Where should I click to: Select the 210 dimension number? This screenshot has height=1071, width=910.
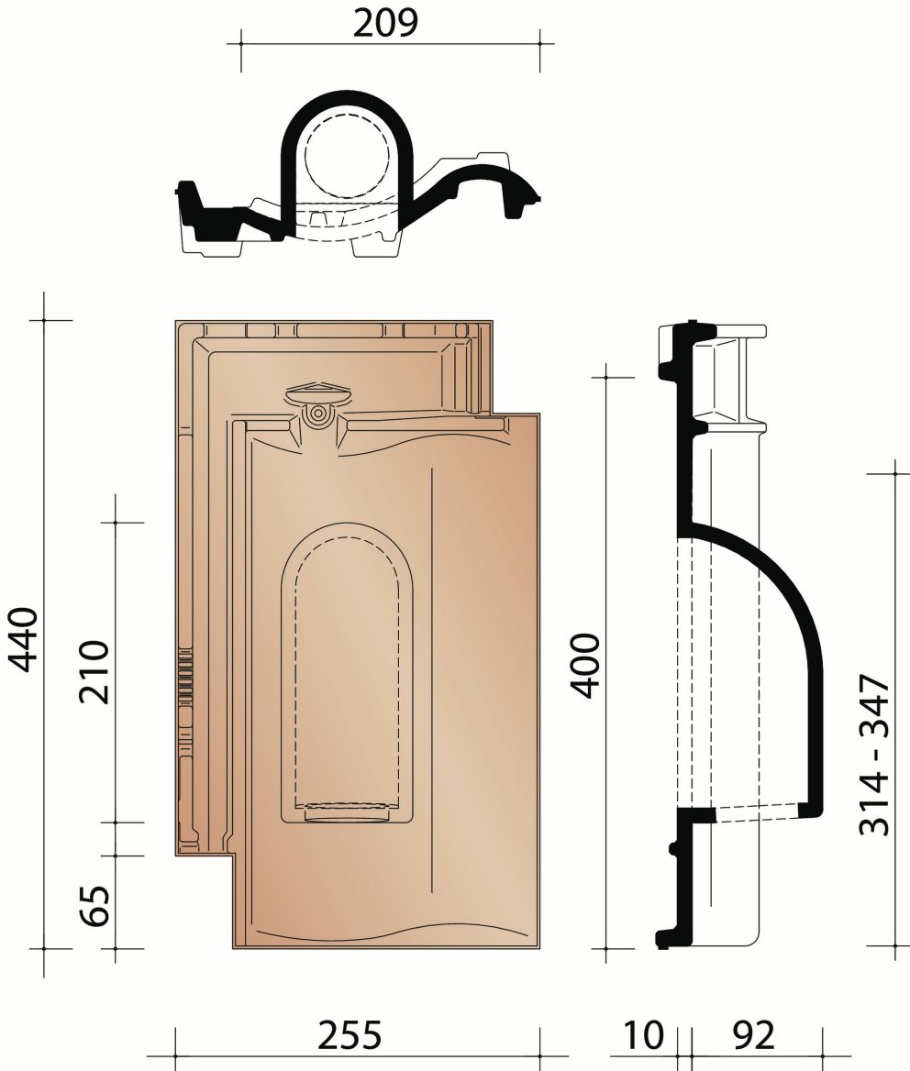[94, 671]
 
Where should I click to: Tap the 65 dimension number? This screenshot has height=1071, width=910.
[94, 905]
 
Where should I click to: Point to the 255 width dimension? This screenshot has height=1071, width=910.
[349, 1035]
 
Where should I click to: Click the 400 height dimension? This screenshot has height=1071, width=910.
[587, 664]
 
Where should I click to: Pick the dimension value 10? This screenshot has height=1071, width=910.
[643, 1035]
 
